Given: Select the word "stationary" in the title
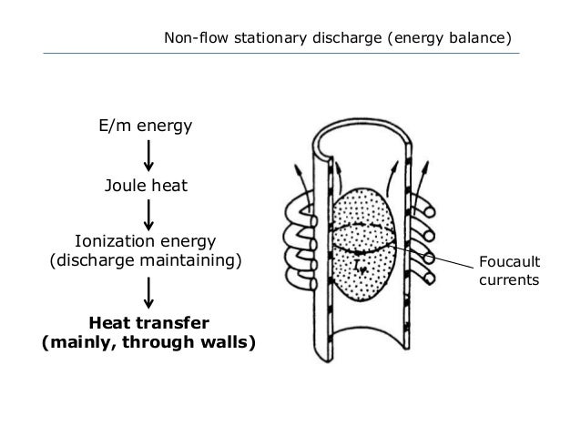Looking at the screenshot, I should pos(263,39).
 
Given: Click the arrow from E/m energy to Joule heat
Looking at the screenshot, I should pos(148,156).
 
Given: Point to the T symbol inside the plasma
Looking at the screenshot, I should pos(362,266).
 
